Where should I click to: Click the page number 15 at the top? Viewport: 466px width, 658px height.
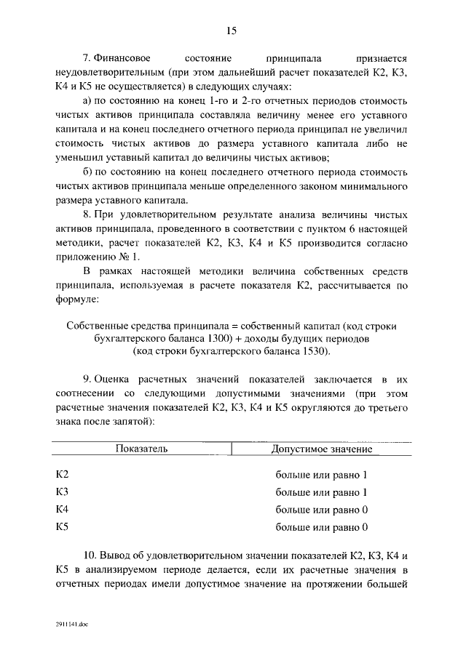(x=232, y=31)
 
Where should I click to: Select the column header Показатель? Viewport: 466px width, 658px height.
(x=142, y=449)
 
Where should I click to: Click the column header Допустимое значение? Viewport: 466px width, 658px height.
(x=322, y=449)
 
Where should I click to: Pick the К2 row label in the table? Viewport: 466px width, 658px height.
(x=63, y=475)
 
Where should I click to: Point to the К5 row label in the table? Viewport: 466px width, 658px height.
(x=63, y=527)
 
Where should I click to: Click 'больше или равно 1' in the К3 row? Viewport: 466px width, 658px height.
(x=321, y=492)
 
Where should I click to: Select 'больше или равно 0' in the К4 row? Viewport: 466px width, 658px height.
(x=321, y=510)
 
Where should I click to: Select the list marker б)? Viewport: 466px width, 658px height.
(x=88, y=172)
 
